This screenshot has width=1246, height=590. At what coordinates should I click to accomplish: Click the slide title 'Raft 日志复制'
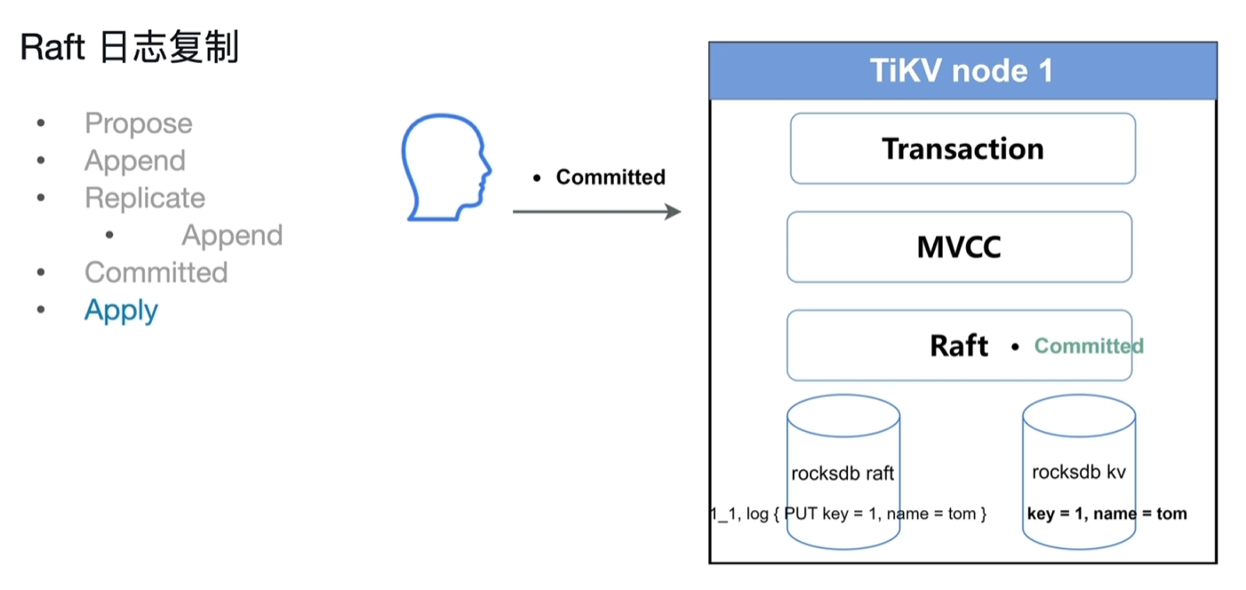pos(130,48)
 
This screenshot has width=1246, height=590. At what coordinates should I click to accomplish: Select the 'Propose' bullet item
pos(138,124)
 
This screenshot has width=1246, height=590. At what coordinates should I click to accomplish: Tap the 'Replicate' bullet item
pos(145,198)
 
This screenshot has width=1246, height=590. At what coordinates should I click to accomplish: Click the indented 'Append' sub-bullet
pos(232,235)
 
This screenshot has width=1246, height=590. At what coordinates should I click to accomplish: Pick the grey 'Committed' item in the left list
pos(156,272)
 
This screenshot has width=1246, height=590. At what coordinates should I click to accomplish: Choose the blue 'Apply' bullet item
pos(121,310)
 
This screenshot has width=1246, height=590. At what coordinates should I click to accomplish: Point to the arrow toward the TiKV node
pos(595,211)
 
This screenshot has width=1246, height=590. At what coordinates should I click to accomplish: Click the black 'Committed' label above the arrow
pos(610,177)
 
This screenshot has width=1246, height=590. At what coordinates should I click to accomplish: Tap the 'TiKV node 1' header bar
pos(962,71)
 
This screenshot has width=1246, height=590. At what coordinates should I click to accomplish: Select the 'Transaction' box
pos(962,148)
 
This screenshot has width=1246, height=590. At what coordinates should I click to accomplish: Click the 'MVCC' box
pos(959,247)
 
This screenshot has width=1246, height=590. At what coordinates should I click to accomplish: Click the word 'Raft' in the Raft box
pos(958,346)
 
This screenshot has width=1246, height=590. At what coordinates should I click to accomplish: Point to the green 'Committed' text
pos(1088,346)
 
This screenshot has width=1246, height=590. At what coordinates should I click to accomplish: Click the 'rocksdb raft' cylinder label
pos(842,473)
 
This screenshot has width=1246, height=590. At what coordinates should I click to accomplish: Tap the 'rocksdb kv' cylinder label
pos(1078,472)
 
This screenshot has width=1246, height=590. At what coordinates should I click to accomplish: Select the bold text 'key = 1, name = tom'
pos(1106,514)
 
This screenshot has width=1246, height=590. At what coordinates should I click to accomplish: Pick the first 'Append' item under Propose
pos(135,161)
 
